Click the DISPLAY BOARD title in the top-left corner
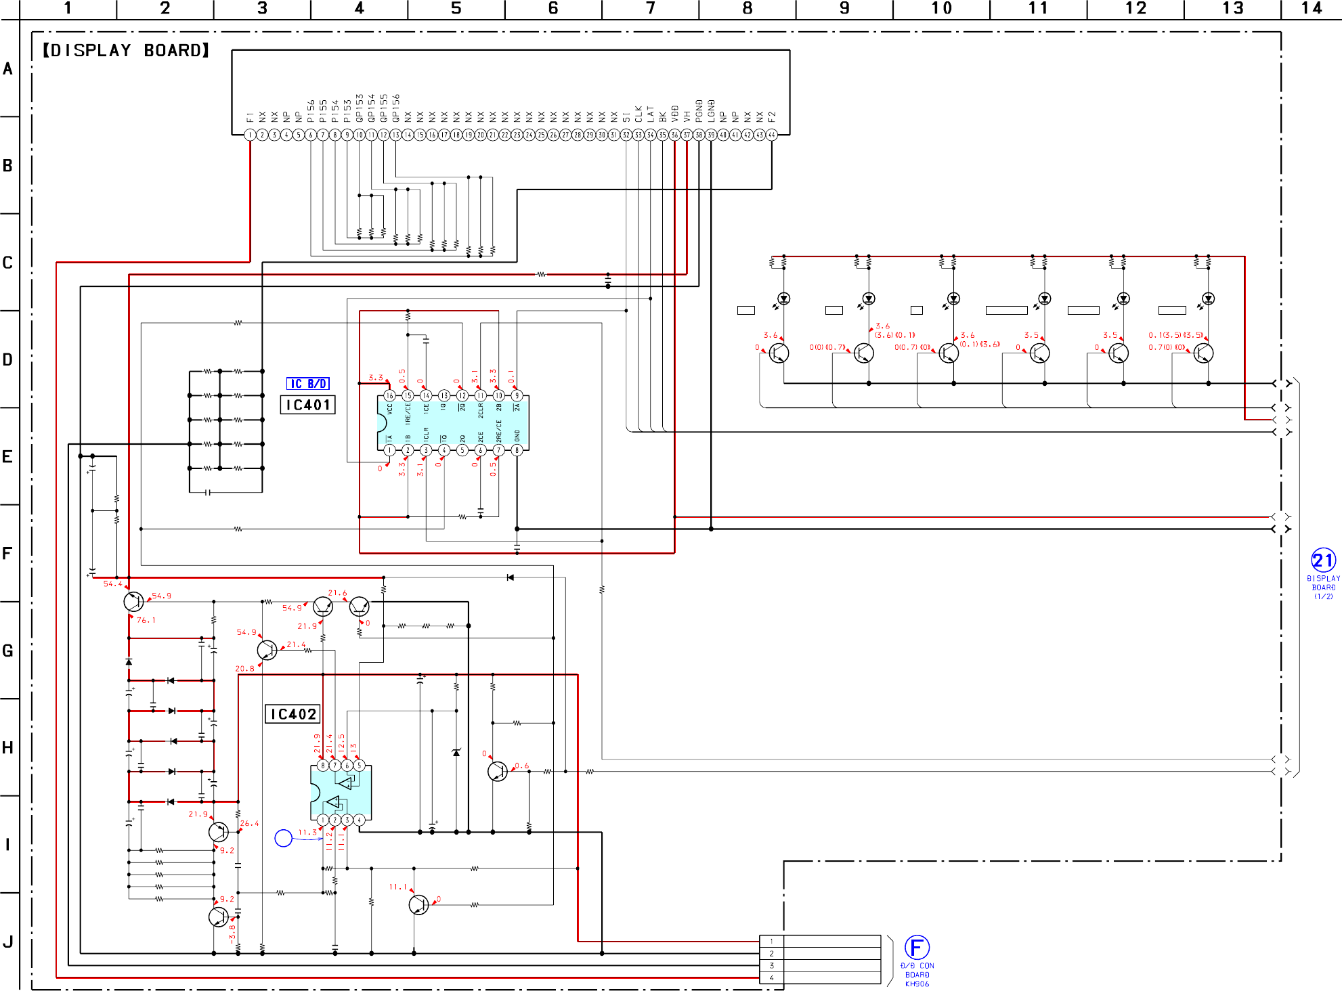pyautogui.click(x=126, y=51)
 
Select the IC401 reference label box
pyautogui.click(x=307, y=405)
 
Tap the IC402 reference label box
pyautogui.click(x=293, y=714)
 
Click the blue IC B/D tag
pyautogui.click(x=308, y=384)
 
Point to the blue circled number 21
pyautogui.click(x=1323, y=560)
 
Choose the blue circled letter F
pyautogui.click(x=917, y=947)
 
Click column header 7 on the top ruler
pyautogui.click(x=650, y=8)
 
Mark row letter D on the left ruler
pyautogui.click(x=7, y=359)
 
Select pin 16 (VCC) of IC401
pyautogui.click(x=389, y=395)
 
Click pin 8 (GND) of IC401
pyautogui.click(x=517, y=450)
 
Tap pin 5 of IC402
pyautogui.click(x=359, y=766)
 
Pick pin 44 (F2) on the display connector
pyautogui.click(x=771, y=135)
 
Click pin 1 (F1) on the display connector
pyautogui.click(x=250, y=135)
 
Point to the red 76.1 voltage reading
pyautogui.click(x=146, y=620)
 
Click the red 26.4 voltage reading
pyautogui.click(x=249, y=824)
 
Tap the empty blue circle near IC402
pyautogui.click(x=283, y=838)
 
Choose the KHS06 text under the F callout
pyautogui.click(x=917, y=984)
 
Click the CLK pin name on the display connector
pyautogui.click(x=638, y=114)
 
